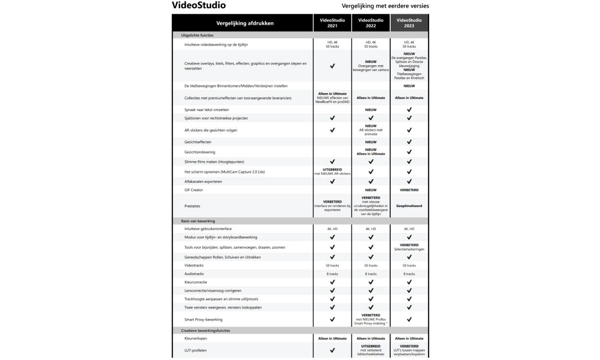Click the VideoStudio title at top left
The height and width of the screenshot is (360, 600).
coord(199,5)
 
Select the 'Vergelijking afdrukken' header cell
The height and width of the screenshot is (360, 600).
coord(242,23)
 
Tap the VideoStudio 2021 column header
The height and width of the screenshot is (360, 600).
coord(332,23)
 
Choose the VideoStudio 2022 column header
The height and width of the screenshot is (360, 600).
coord(371,23)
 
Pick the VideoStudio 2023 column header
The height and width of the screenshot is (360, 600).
coord(409,23)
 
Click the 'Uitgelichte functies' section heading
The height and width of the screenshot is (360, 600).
coord(197,36)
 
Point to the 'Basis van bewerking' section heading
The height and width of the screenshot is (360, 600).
coord(198,221)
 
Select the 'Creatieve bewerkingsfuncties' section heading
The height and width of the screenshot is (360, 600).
coord(205,331)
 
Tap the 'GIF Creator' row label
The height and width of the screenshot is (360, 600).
coord(194,190)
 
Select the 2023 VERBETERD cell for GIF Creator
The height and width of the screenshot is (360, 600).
coord(409,190)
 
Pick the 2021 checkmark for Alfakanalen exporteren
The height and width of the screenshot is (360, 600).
coord(332,181)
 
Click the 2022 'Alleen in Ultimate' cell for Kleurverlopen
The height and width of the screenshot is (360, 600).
coord(371,338)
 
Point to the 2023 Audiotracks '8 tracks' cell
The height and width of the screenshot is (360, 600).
coord(409,274)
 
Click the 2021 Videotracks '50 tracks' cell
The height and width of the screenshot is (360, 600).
coord(332,265)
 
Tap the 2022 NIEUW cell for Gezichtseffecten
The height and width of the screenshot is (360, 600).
coord(371,142)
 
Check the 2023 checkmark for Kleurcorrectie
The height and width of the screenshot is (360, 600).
coord(409,282)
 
